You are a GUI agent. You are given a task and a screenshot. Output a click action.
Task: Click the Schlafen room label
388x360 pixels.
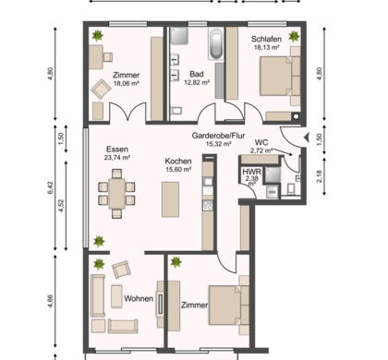(266, 39)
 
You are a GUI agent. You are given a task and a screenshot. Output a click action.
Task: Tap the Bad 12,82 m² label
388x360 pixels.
(197, 78)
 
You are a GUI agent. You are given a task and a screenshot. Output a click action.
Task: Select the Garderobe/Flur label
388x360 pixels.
(218, 136)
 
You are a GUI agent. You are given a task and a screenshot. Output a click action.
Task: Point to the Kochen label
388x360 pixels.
(178, 161)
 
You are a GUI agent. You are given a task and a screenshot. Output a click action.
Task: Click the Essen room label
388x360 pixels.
(117, 150)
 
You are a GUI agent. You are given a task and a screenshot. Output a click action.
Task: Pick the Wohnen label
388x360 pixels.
(139, 298)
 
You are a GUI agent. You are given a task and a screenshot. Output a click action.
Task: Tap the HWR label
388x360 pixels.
(252, 172)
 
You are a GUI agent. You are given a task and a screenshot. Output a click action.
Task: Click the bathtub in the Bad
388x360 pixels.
(215, 44)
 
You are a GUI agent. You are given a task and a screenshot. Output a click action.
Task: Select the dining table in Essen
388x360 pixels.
(116, 194)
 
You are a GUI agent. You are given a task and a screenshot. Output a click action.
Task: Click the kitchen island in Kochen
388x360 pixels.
(171, 199)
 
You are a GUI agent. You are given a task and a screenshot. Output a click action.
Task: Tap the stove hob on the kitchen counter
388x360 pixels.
(208, 205)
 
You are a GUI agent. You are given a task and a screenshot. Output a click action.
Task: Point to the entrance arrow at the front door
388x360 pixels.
(307, 138)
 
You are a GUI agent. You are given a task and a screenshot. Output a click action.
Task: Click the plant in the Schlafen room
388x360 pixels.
(294, 37)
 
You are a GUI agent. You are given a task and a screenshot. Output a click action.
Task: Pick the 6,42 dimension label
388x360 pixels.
(51, 187)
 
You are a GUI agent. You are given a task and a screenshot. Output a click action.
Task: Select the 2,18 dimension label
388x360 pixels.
(320, 176)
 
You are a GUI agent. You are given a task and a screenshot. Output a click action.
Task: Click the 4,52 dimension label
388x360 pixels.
(61, 206)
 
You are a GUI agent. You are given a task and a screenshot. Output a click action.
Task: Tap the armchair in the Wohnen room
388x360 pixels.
(122, 270)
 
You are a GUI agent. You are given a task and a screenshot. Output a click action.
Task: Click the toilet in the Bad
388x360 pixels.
(176, 111)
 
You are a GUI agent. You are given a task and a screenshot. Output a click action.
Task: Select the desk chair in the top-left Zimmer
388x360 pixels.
(108, 57)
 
